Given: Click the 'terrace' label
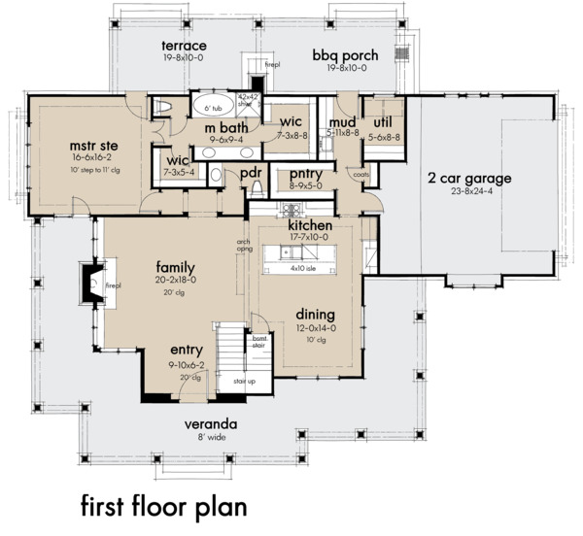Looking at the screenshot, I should [184, 46].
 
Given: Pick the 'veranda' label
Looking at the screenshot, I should [212, 424].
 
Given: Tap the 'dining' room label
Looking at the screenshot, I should [316, 315].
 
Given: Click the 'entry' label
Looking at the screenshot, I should [186, 350].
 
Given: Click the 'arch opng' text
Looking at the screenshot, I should [243, 246].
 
